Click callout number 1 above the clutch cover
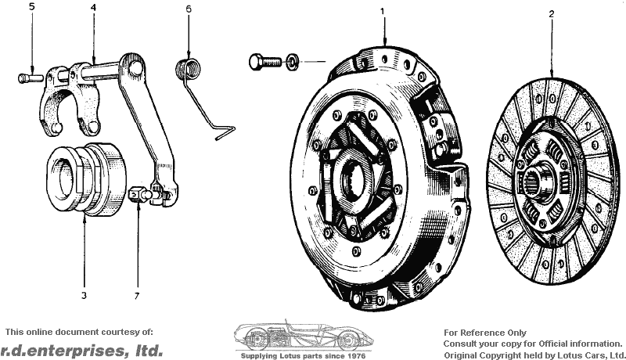pos(383,11)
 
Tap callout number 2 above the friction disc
pos(552,14)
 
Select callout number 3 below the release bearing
pos(84,296)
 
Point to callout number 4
pos(93,8)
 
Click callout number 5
pos(32,7)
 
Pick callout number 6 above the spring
pos(189,9)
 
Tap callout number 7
pos(137,296)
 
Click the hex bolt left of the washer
pos(264,62)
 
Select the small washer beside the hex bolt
pos(292,62)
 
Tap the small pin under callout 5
pos(31,77)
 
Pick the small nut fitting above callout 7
pos(139,195)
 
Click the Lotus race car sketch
pos(304,334)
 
